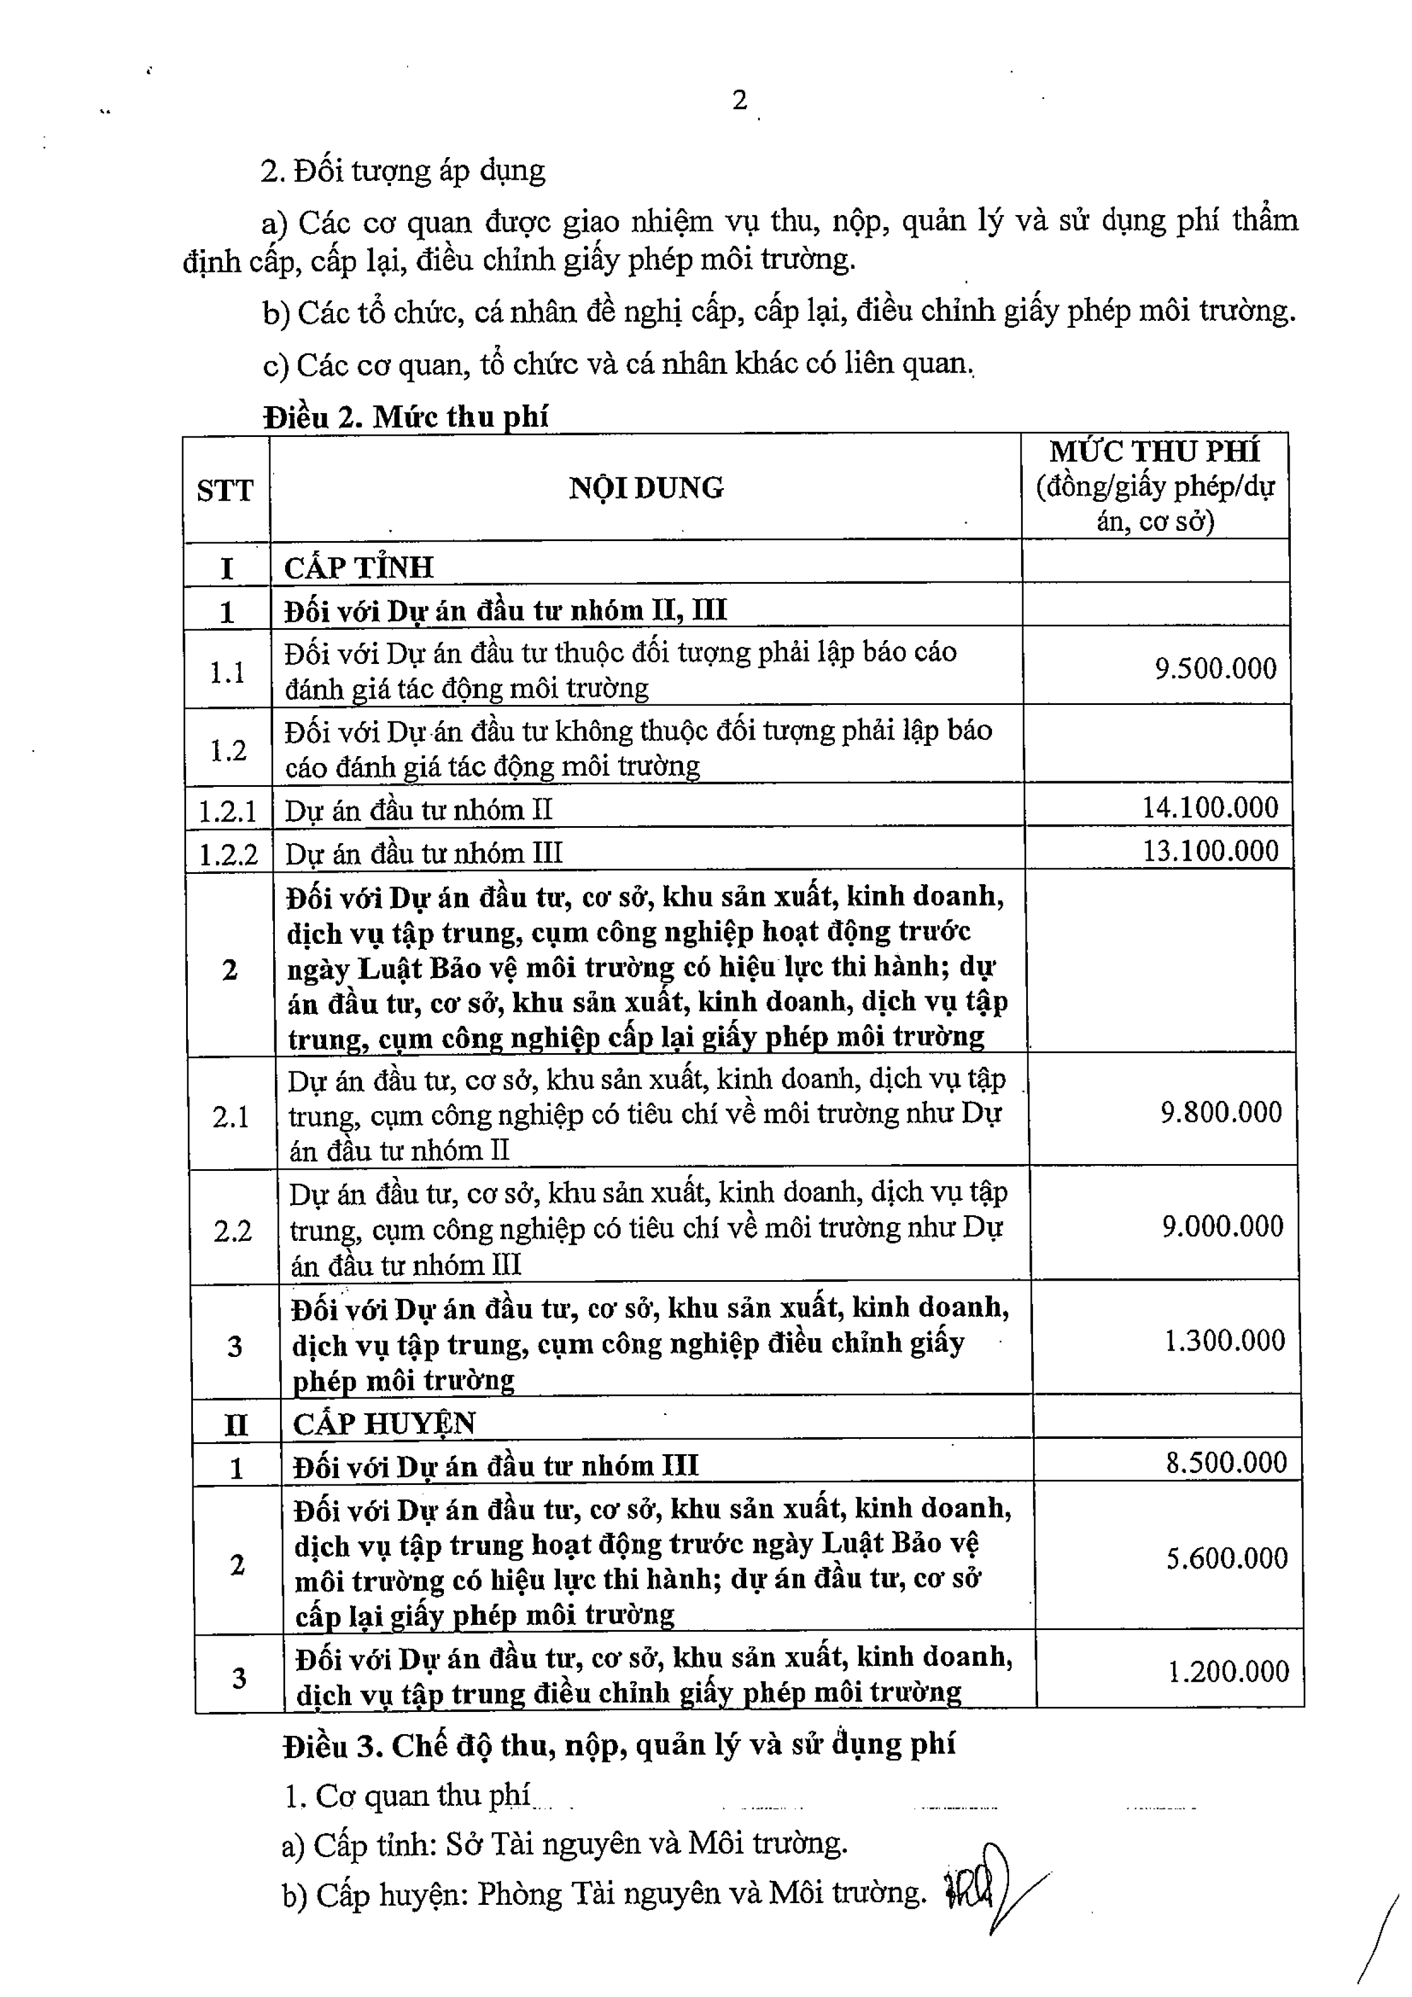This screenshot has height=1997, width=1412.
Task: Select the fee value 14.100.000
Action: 1210,807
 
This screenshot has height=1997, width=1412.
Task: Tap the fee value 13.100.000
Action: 1210,851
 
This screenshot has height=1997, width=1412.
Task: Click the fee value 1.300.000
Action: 1224,1340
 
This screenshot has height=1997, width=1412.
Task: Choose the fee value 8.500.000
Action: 1226,1462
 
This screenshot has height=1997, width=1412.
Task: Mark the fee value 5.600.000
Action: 1226,1558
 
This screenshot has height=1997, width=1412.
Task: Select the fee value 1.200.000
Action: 1228,1671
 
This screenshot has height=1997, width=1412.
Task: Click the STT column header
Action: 224,490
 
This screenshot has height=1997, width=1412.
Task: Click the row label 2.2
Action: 232,1232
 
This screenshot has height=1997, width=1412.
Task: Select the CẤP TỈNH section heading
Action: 359,568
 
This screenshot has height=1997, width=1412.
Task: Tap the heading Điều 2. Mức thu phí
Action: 406,418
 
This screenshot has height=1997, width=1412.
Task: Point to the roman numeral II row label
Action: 236,1425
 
